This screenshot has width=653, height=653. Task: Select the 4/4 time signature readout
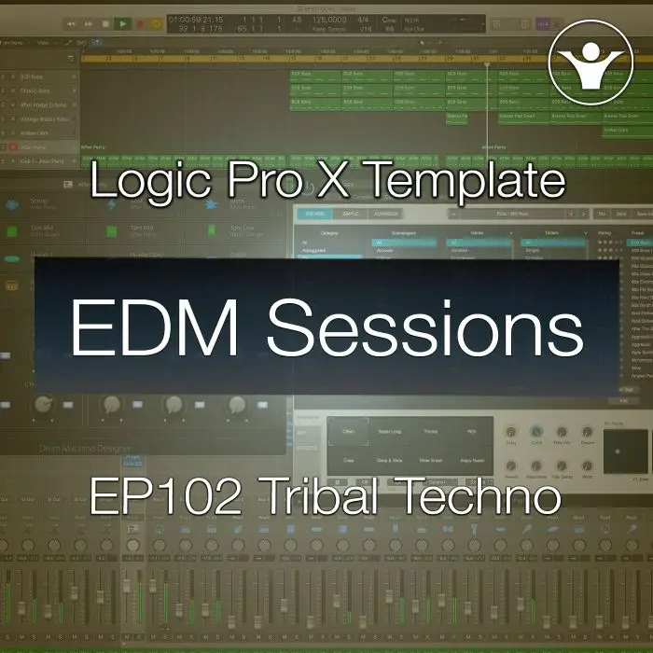coord(364,19)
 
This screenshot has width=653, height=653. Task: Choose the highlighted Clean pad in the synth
coord(349,431)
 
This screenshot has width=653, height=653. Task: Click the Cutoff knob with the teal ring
coord(537,433)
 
